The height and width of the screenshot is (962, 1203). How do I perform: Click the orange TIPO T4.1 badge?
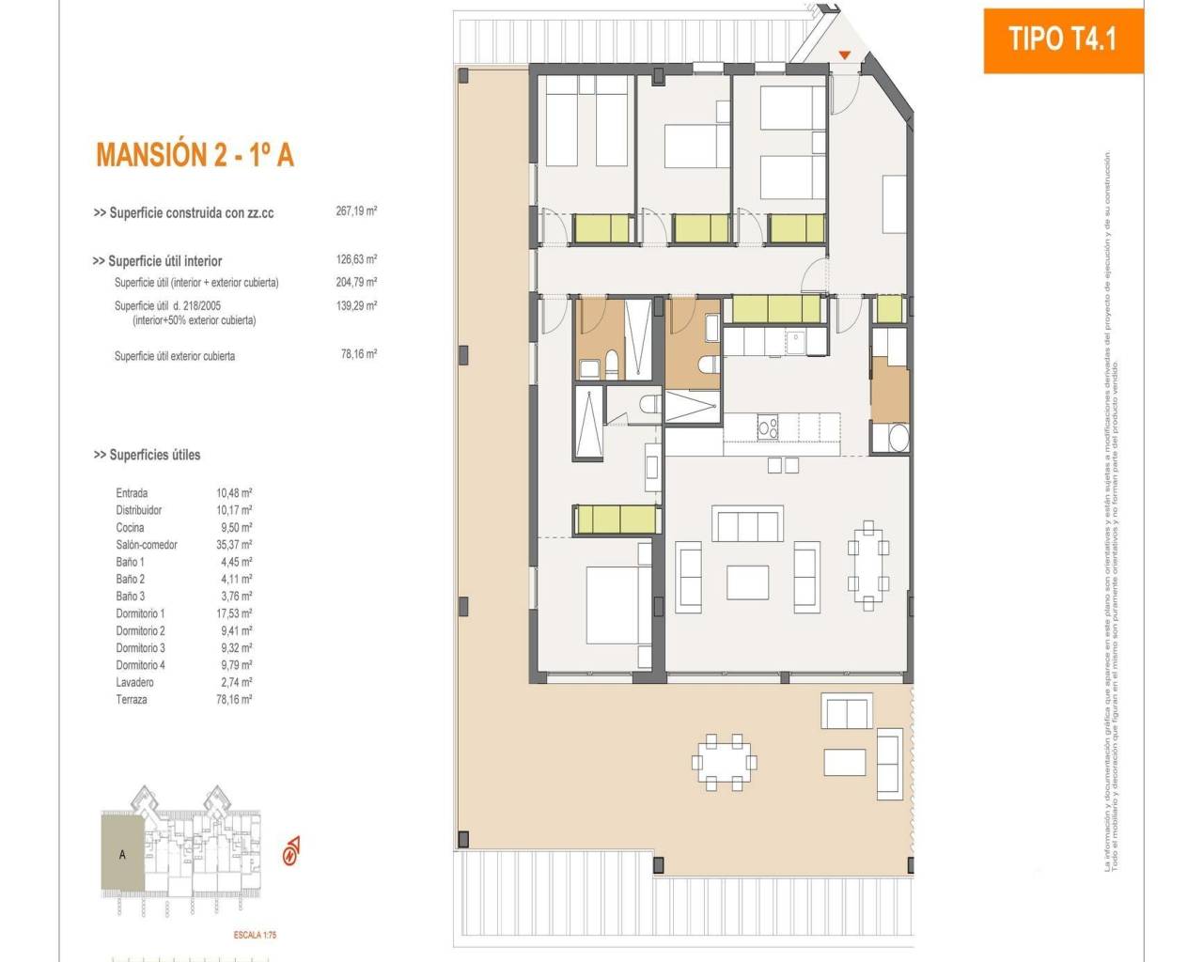point(1063,39)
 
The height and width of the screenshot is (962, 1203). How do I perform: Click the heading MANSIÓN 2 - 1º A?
point(195,155)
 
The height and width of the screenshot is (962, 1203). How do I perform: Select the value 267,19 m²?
point(356,211)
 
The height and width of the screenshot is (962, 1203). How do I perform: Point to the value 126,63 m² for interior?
point(356,259)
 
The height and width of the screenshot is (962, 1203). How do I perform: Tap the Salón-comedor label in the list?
point(147,545)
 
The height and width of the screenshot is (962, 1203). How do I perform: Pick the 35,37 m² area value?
point(234,545)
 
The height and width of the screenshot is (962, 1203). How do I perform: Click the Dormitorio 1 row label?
point(140,613)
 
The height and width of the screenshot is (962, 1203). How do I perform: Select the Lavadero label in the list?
point(134,682)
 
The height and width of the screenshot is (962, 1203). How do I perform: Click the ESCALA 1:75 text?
point(255,935)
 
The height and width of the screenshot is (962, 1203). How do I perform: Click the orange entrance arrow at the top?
point(845,55)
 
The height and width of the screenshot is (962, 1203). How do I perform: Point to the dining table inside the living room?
point(868,566)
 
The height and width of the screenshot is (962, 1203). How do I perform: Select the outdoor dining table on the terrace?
point(723,761)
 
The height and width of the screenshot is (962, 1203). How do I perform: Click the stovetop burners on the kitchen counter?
point(768,427)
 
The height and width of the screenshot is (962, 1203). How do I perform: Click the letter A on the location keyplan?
point(122,855)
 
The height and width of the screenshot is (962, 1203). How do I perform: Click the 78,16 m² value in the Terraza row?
point(234,700)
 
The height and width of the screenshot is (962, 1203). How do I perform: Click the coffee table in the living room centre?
point(747,582)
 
